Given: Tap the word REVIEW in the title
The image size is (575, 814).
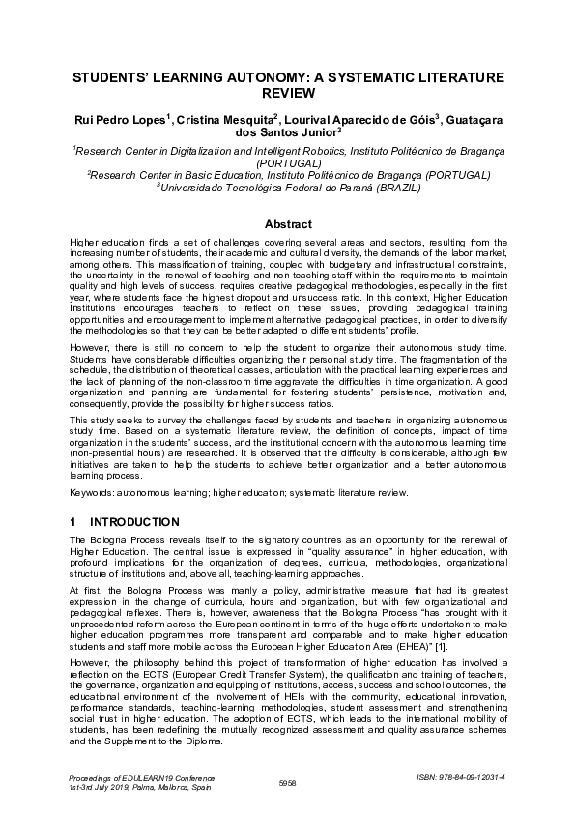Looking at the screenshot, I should point(287,93).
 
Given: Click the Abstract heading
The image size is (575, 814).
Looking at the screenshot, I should point(287,224).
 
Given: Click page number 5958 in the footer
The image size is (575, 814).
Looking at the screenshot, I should point(287,783).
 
